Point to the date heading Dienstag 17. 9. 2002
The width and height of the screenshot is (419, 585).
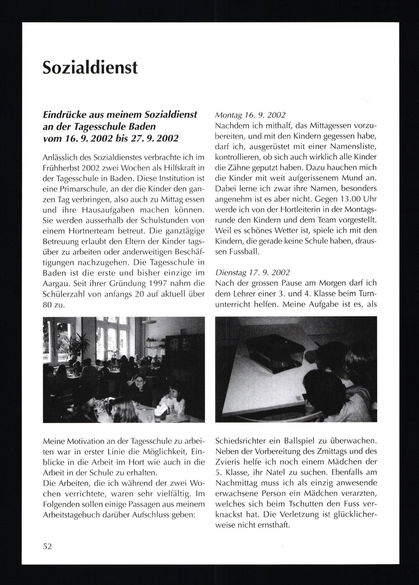click(x=252, y=272)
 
